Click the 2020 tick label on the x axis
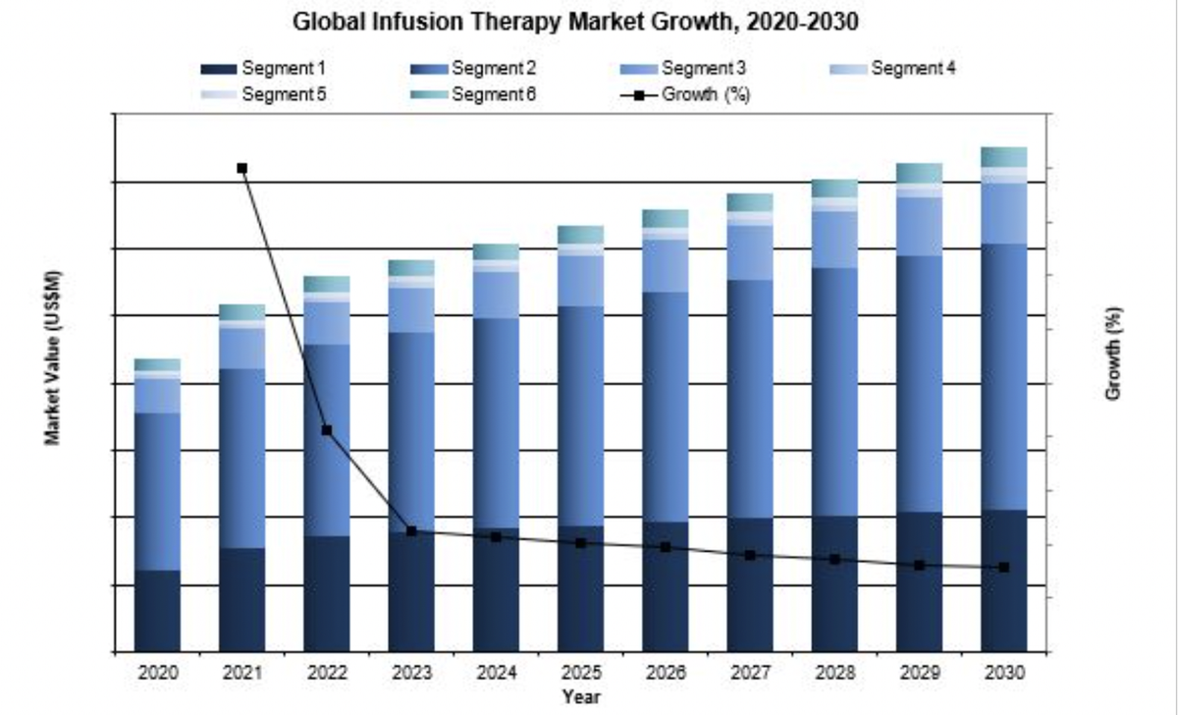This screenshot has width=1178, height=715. coord(157,674)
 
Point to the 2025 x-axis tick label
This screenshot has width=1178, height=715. coord(581,674)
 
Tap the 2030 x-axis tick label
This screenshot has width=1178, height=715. coord(1004,674)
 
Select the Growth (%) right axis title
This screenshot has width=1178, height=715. coord(1113,355)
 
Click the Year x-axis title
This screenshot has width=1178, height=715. coord(580,696)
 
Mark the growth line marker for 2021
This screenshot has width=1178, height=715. coord(242,168)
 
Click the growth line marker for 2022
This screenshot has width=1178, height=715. coord(327,430)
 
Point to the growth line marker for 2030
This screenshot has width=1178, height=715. coord(1004,567)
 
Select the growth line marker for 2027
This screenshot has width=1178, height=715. coord(750,555)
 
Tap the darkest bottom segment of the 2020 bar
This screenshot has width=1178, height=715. coord(157,610)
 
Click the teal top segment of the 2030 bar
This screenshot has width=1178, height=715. coord(1004,156)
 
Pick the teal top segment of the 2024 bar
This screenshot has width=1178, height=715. coord(496,251)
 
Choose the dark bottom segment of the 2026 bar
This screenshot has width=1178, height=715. coord(666,586)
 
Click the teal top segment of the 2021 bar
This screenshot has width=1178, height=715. coord(242,311)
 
